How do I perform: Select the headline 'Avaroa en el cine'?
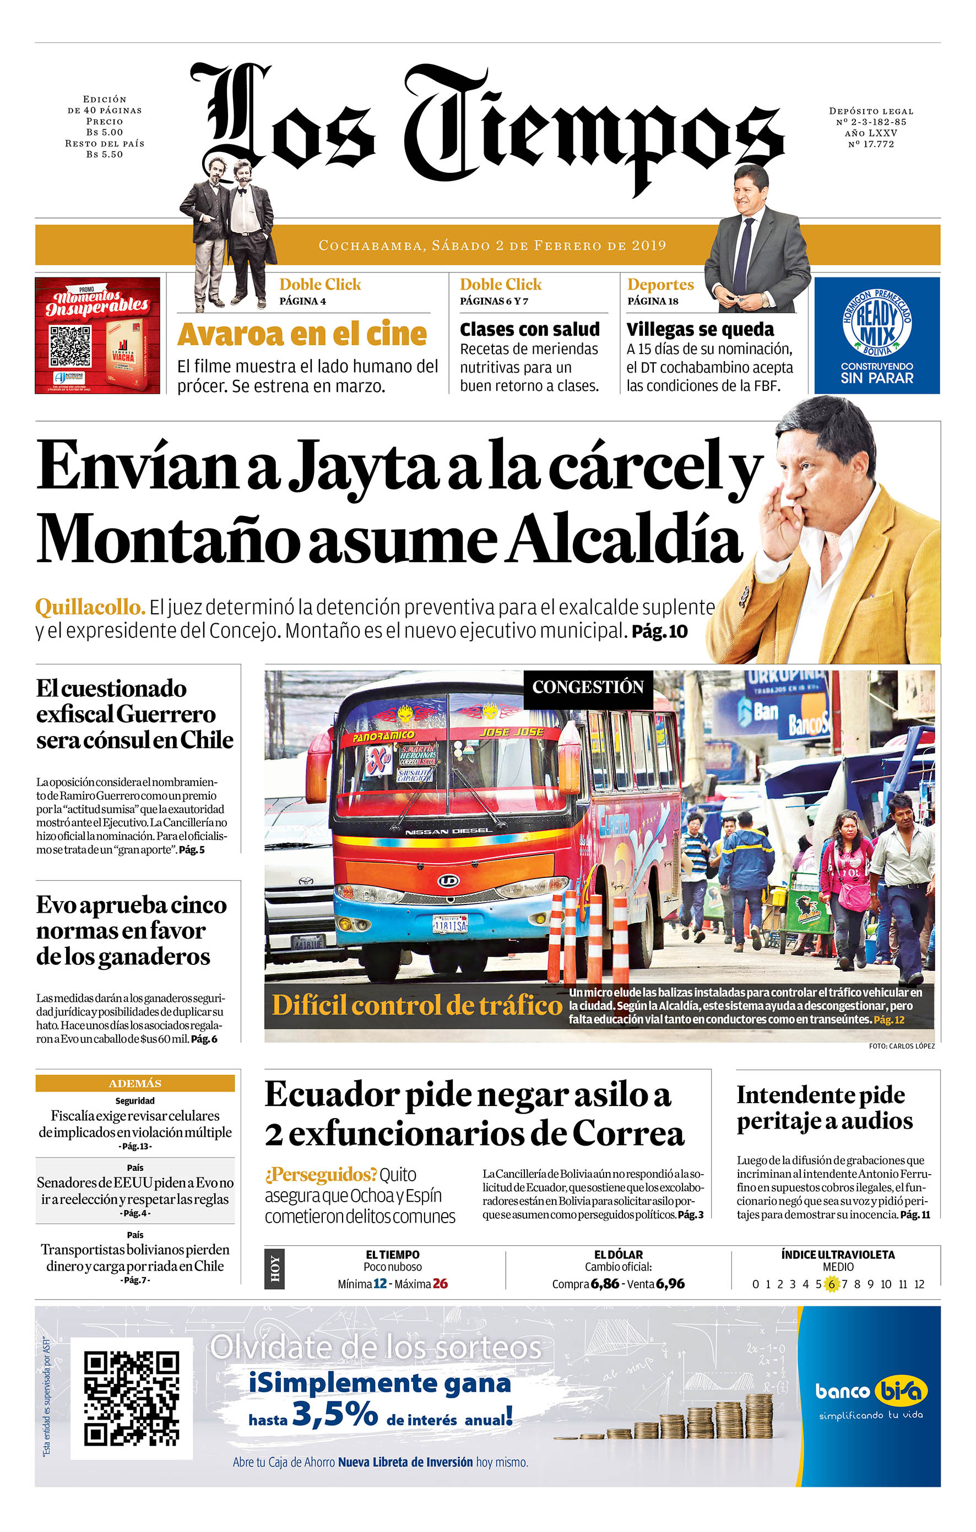[x=302, y=334]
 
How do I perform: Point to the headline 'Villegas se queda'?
[x=700, y=330]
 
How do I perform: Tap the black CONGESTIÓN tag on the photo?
[x=587, y=687]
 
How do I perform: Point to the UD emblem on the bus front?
[x=448, y=881]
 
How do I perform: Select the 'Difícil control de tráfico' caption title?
[x=416, y=1005]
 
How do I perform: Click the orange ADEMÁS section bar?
[x=135, y=1083]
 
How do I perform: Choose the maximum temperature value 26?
[x=440, y=1284]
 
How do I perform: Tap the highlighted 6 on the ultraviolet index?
[x=831, y=1284]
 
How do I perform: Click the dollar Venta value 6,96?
[x=670, y=1284]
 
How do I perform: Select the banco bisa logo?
[x=870, y=1392]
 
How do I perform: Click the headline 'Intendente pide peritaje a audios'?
[x=825, y=1108]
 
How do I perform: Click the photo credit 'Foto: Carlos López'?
[x=901, y=1046]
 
